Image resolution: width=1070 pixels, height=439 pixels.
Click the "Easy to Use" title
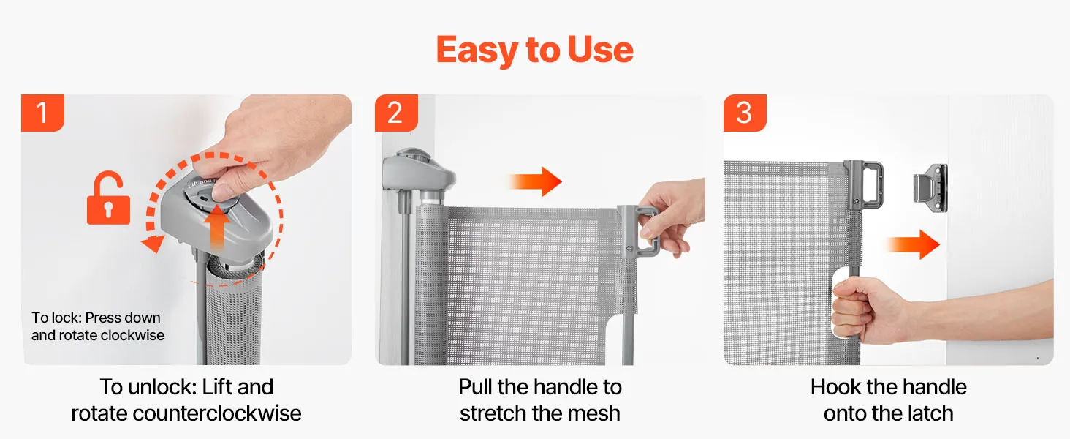534,50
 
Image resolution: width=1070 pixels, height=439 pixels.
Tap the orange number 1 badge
42,113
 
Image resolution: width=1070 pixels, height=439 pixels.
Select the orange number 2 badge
396,113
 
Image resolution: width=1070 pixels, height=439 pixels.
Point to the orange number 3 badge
745,113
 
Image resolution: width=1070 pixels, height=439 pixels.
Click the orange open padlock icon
108,198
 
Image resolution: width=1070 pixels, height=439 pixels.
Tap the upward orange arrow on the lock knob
217,227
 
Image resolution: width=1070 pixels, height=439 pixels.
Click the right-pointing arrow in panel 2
536,181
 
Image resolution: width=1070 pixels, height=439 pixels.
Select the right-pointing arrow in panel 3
913,245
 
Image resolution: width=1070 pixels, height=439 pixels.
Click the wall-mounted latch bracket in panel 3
931,188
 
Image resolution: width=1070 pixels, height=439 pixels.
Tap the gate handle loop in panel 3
865,185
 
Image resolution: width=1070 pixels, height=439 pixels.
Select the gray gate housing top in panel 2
417,170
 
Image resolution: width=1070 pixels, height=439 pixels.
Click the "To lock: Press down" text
96,318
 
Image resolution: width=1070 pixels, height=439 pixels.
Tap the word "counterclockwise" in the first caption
217,413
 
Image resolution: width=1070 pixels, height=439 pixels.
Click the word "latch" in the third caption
925,413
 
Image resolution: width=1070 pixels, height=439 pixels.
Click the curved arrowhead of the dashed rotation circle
153,244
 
